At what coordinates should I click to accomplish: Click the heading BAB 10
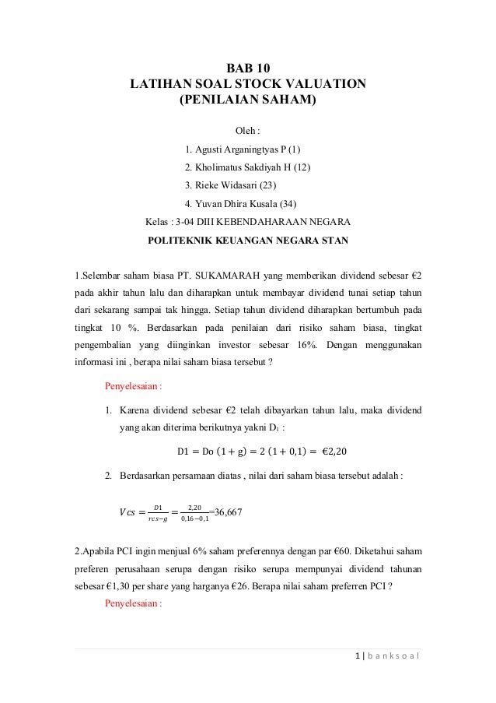(248, 69)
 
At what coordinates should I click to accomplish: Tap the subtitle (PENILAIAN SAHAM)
(248, 100)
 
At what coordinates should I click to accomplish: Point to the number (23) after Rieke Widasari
(265, 185)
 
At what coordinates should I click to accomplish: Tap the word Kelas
(158, 222)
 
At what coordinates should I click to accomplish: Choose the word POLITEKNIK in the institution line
(183, 240)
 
